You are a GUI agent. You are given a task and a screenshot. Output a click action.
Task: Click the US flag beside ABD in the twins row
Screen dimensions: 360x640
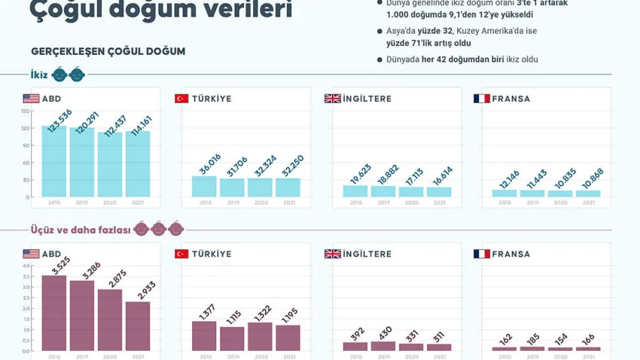pyautogui.click(x=31, y=99)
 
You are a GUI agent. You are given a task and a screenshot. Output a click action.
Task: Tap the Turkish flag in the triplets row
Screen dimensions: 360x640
pyautogui.click(x=181, y=254)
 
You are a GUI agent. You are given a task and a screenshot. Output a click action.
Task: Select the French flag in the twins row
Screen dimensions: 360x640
pyautogui.click(x=482, y=99)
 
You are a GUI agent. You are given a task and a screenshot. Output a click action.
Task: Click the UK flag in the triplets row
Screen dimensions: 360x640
pyautogui.click(x=332, y=254)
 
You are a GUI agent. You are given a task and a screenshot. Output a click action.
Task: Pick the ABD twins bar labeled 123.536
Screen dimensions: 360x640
pyautogui.click(x=55, y=162)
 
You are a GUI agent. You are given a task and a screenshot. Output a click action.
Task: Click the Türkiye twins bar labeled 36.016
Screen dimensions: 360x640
pyautogui.click(x=205, y=187)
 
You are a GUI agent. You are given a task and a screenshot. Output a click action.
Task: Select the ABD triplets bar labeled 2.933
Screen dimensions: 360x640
pyautogui.click(x=138, y=326)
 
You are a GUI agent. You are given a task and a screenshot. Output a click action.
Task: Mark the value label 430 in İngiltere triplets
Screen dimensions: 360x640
pyautogui.click(x=384, y=332)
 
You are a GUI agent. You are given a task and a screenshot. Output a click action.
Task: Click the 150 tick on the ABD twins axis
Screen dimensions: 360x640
pyautogui.click(x=26, y=111)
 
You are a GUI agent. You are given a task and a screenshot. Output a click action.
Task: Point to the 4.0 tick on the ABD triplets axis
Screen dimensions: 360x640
pyautogui.click(x=26, y=266)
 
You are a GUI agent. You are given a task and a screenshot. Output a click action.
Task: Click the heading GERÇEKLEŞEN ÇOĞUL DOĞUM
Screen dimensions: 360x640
pyautogui.click(x=108, y=51)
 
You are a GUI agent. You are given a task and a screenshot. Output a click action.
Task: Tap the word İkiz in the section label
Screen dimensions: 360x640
pyautogui.click(x=39, y=75)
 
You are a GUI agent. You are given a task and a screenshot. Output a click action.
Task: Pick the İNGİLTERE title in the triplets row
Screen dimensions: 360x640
pyautogui.click(x=367, y=254)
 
